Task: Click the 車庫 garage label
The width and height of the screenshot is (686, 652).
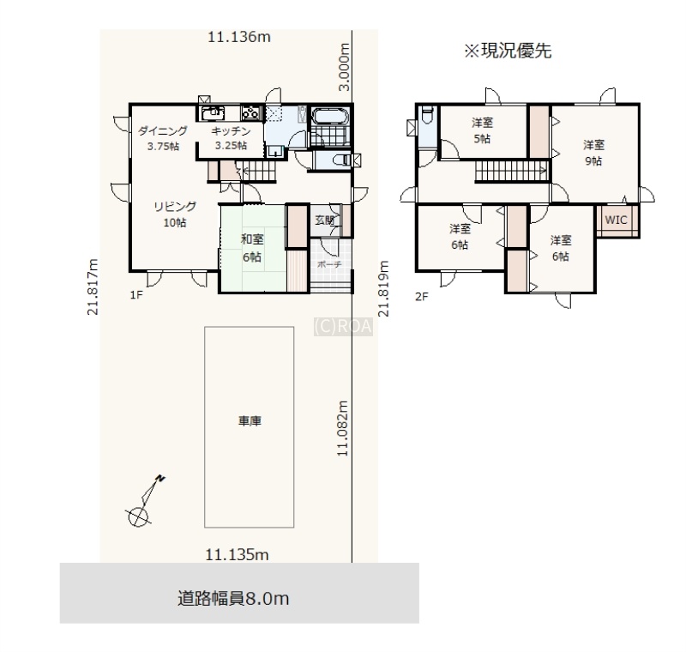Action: click(x=250, y=421)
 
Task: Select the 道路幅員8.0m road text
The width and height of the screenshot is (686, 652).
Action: click(x=233, y=598)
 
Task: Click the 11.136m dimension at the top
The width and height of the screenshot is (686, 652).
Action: click(x=239, y=37)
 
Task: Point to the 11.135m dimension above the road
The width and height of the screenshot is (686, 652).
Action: click(x=237, y=555)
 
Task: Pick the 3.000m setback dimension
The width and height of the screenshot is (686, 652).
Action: click(x=345, y=67)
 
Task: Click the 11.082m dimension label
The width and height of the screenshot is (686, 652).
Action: click(x=342, y=428)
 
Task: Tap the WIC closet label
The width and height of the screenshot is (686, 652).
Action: click(x=616, y=220)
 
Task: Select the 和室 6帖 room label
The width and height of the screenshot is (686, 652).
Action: click(x=252, y=248)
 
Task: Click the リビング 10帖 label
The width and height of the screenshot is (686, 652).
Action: click(x=175, y=214)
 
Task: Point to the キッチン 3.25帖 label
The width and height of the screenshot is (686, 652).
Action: click(x=231, y=138)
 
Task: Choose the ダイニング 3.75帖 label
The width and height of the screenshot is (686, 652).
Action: click(x=163, y=138)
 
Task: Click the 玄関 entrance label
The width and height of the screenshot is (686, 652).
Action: click(x=325, y=220)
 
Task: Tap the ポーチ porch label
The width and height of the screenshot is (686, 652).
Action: click(x=329, y=264)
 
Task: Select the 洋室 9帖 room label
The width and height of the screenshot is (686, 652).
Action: click(x=593, y=153)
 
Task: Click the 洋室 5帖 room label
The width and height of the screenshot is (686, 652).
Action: click(x=482, y=130)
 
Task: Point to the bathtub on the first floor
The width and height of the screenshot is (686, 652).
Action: click(x=330, y=116)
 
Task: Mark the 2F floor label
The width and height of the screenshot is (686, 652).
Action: click(x=421, y=297)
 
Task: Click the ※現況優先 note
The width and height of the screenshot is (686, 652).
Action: click(x=508, y=51)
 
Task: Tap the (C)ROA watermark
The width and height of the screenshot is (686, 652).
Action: click(x=344, y=327)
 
